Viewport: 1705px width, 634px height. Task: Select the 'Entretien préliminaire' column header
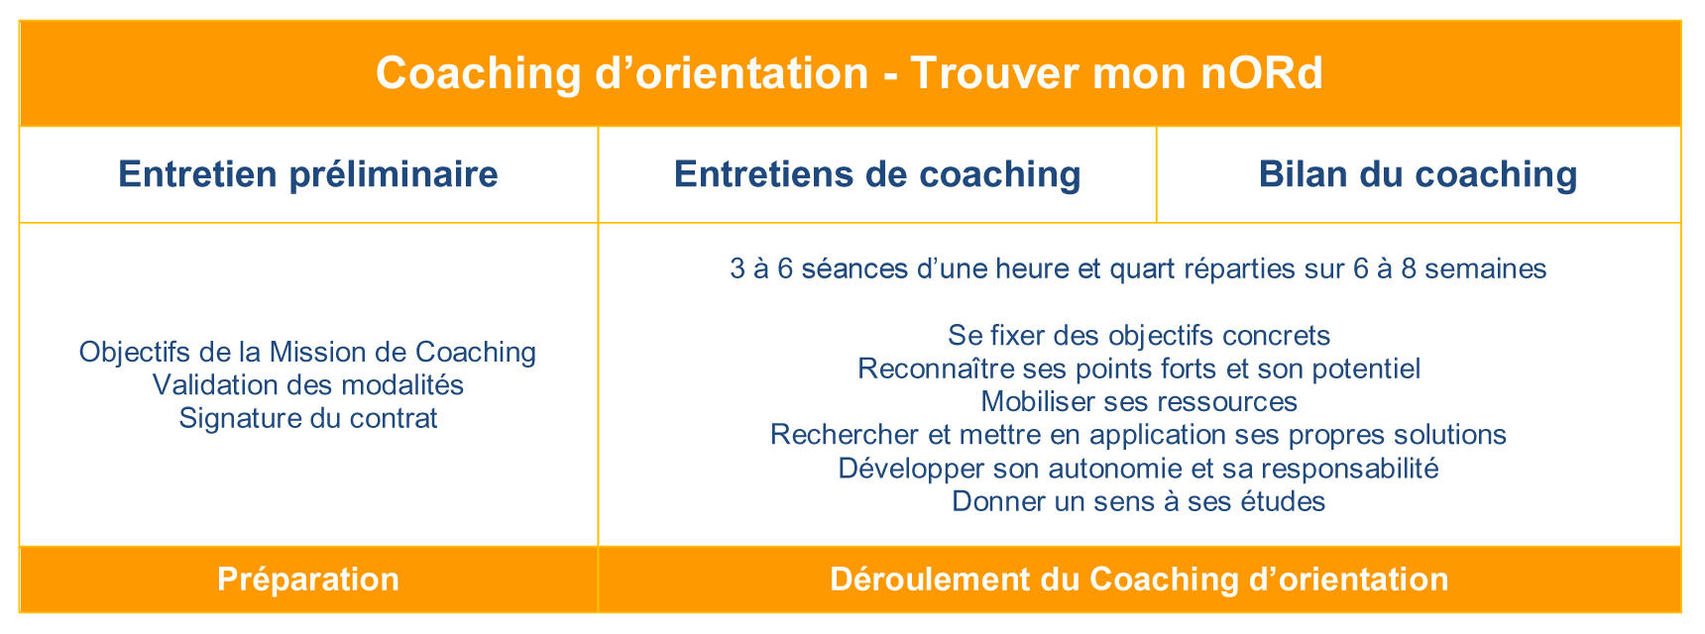coord(308,174)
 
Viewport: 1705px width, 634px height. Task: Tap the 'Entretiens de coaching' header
coord(877,174)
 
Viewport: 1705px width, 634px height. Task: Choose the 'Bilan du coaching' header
coord(1418,174)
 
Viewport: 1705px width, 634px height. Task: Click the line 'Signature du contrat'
coord(308,418)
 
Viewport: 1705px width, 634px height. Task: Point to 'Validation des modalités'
coord(308,384)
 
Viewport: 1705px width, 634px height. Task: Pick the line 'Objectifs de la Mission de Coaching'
coord(308,352)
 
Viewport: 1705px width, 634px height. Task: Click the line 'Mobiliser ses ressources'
coord(1139,401)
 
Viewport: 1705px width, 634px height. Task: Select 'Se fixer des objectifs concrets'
coord(1139,335)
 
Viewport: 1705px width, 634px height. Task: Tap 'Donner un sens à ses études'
coord(1139,501)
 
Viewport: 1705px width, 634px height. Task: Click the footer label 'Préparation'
coord(308,580)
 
